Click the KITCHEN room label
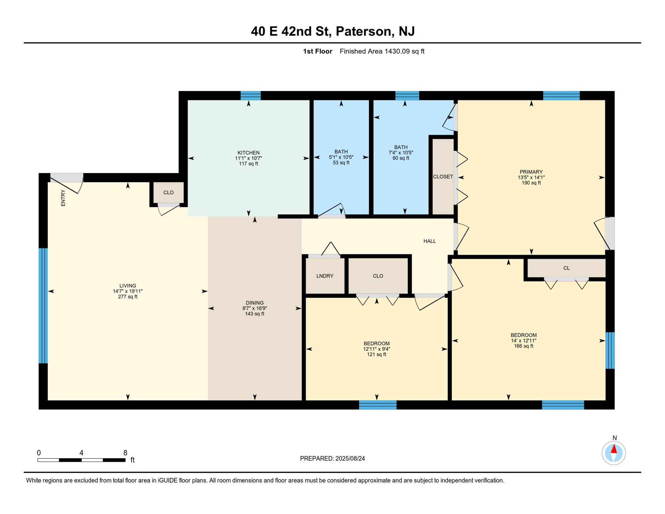point(248,153)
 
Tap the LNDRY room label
point(324,276)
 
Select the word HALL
point(430,241)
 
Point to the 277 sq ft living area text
point(127,296)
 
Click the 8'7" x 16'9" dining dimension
point(255,308)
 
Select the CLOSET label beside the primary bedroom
point(443,176)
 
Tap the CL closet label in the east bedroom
point(566,268)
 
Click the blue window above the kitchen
point(251,95)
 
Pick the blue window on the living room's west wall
point(43,305)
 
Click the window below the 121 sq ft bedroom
point(378,405)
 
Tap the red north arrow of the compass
point(613,449)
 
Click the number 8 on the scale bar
point(125,452)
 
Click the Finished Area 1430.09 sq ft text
point(382,51)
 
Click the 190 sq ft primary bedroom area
point(531,183)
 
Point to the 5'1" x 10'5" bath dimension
point(341,157)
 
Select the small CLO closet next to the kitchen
point(168,192)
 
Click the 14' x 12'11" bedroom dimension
point(523,340)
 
